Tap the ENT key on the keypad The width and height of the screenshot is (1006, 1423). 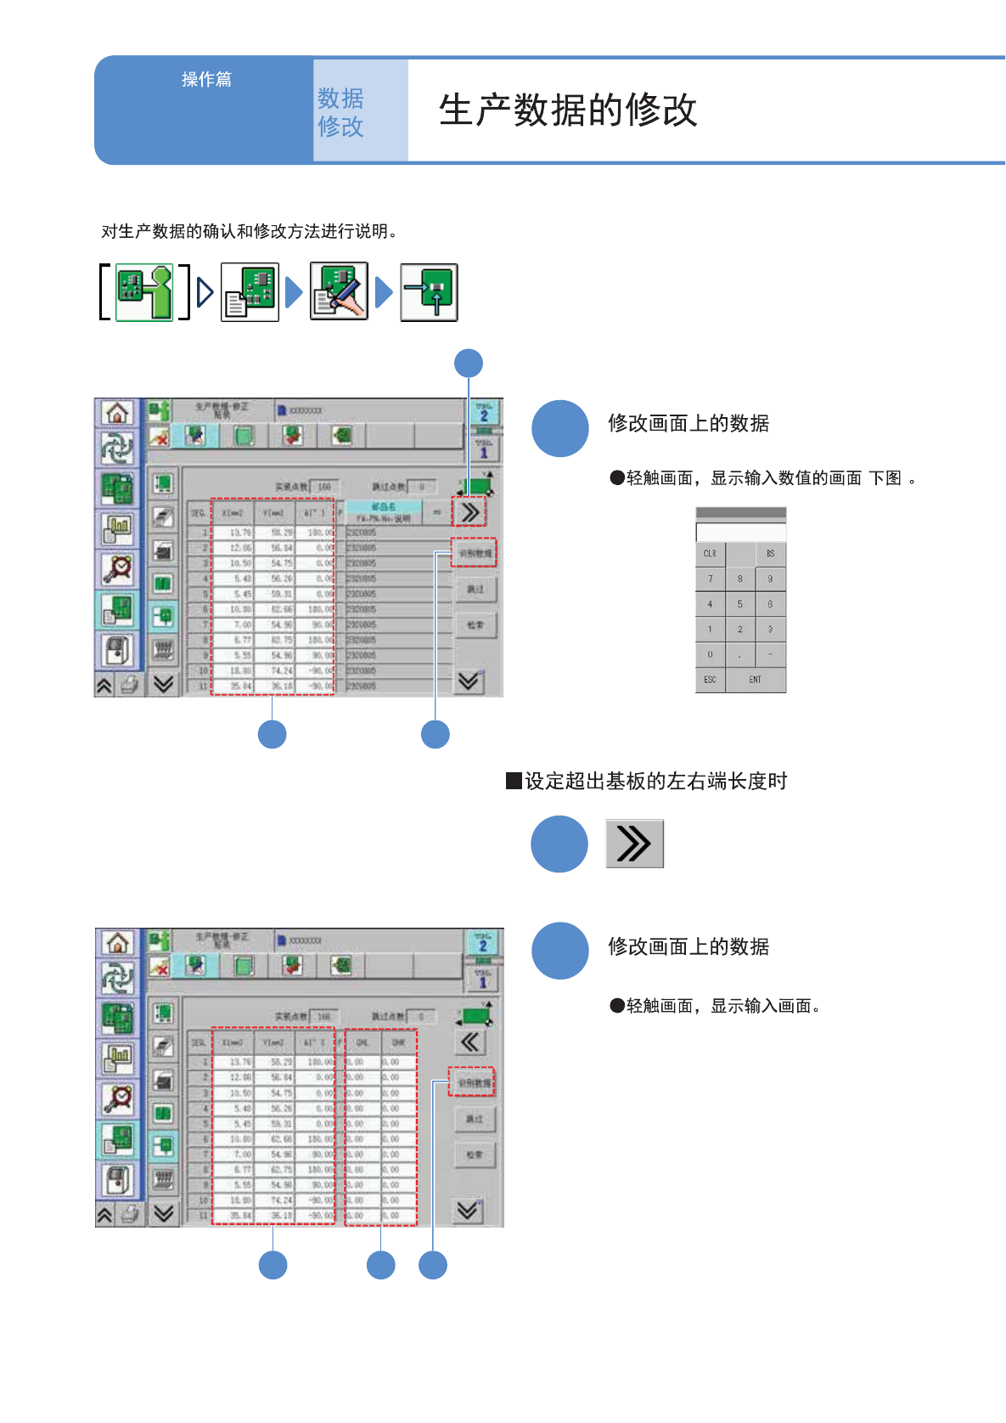[755, 680]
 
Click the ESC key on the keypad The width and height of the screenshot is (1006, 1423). [710, 680]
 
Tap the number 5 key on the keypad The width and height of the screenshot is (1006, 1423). [740, 604]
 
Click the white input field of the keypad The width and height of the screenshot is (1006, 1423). [740, 533]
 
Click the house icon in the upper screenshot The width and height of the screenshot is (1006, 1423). [117, 414]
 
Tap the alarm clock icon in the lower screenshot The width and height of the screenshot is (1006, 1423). [117, 1098]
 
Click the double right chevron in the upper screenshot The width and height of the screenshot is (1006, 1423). [469, 512]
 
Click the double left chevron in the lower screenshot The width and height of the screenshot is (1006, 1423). [469, 1042]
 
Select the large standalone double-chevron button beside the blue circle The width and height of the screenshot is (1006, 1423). [634, 844]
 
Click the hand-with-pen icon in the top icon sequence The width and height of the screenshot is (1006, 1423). [339, 291]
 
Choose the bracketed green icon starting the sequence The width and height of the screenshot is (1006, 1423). [144, 292]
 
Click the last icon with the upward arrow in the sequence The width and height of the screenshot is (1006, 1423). [430, 292]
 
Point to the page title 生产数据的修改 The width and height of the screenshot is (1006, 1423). [568, 110]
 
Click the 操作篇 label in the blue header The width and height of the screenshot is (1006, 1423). [206, 79]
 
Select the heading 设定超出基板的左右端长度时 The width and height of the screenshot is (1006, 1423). [655, 781]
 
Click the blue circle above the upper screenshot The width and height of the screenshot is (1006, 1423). [469, 364]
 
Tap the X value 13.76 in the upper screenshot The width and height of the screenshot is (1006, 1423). [240, 533]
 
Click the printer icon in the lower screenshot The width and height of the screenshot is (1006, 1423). [130, 1214]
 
